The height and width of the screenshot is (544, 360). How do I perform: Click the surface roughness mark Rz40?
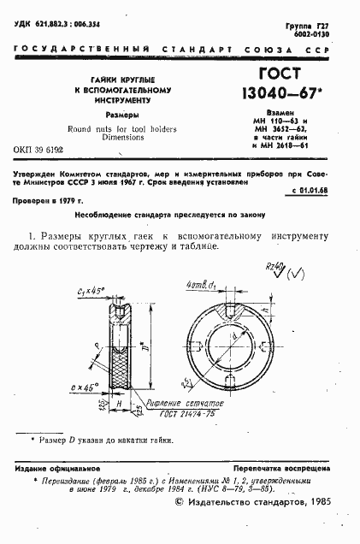pyautogui.click(x=276, y=265)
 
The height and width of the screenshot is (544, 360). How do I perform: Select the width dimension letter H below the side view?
pyautogui.click(x=118, y=402)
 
